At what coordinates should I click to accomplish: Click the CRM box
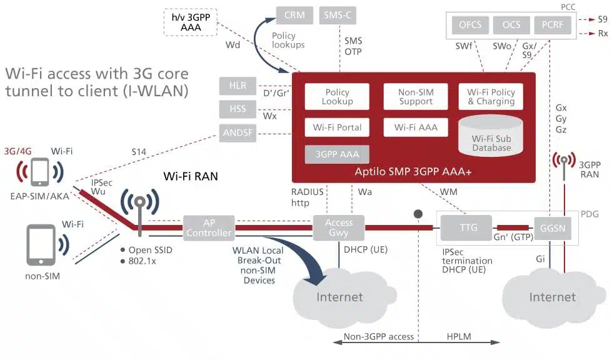(x=294, y=16)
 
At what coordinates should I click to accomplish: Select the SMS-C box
(x=338, y=16)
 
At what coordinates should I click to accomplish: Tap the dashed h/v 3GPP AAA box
(x=187, y=22)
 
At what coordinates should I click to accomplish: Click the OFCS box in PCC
(x=470, y=25)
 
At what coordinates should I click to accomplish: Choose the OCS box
(x=511, y=25)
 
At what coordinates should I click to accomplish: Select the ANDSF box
(x=237, y=132)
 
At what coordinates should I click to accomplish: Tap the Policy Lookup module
(x=337, y=97)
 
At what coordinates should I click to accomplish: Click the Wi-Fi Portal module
(x=337, y=127)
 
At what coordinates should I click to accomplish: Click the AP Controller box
(x=209, y=227)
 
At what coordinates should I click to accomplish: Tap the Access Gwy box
(x=338, y=227)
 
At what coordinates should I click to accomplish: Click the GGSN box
(x=551, y=228)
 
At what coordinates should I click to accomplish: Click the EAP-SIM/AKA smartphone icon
(x=41, y=172)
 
